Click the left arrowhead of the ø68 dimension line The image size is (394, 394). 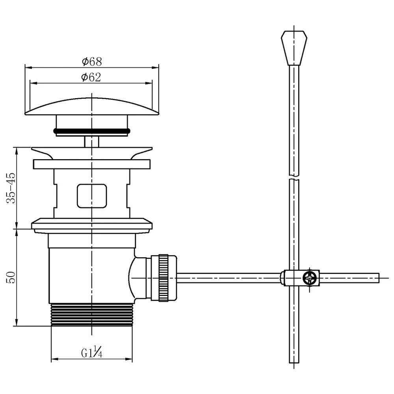click(28, 67)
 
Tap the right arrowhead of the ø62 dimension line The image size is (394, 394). click(149, 83)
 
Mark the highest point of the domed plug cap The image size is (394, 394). click(92, 98)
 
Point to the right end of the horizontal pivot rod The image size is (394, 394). click(379, 278)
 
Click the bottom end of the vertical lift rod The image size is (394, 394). click(294, 362)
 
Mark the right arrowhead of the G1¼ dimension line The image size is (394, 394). click(129, 359)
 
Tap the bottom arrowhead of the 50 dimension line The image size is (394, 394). click(17, 323)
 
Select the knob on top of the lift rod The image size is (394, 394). click(294, 48)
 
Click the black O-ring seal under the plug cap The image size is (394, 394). click(92, 131)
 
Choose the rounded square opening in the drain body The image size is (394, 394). click(92, 196)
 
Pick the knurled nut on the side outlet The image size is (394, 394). click(163, 278)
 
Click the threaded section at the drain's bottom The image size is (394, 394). click(92, 315)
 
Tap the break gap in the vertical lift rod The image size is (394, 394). click(294, 177)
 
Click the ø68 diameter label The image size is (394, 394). click(92, 61)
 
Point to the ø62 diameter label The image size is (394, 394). click(91, 77)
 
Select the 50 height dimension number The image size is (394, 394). click(11, 277)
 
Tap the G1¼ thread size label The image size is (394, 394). click(91, 351)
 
